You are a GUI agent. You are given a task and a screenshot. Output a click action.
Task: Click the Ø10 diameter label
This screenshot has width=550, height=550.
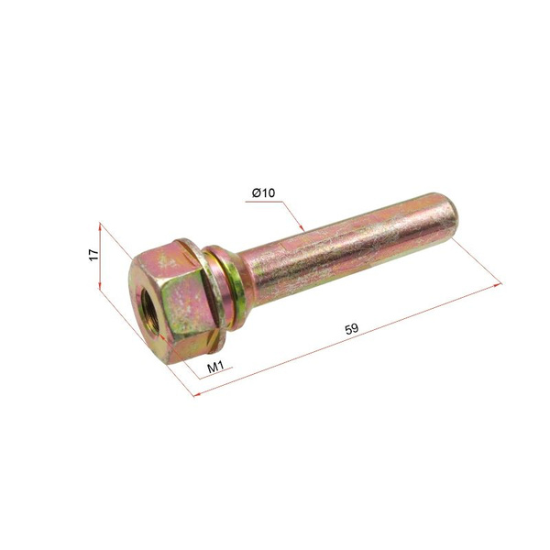(263, 192)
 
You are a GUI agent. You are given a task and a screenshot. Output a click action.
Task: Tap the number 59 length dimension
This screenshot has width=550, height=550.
(352, 329)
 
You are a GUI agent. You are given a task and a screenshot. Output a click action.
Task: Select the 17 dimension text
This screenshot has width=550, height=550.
(93, 255)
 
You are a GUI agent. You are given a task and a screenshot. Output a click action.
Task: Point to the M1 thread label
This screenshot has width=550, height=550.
(215, 368)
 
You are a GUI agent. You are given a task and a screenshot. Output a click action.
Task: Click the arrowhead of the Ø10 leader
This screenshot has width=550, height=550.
(302, 227)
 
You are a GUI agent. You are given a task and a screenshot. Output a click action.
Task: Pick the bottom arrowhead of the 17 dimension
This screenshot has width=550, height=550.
(100, 284)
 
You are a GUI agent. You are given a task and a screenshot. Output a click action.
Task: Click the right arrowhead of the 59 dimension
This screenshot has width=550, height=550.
(498, 285)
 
